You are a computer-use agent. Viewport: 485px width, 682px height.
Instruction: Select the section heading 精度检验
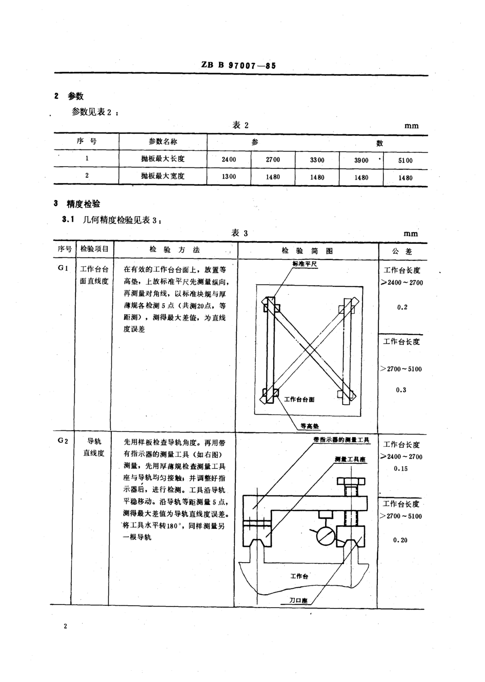83,204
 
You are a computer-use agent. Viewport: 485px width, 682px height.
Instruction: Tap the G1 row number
63,268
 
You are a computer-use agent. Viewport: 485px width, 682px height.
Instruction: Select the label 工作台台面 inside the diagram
299,399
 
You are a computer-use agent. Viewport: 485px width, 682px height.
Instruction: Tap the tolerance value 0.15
400,469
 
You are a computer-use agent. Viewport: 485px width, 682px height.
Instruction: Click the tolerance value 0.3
401,390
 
